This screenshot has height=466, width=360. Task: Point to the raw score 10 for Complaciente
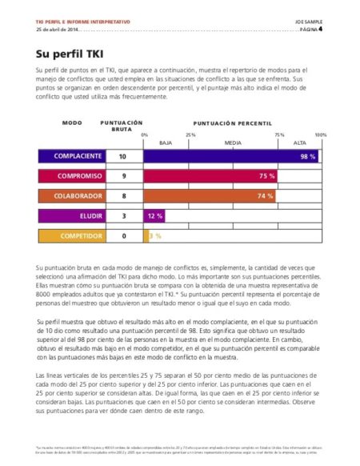(122, 156)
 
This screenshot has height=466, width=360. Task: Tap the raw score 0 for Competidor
(123, 236)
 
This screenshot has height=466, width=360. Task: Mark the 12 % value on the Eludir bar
(154, 216)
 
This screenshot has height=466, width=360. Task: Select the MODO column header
(72, 123)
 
